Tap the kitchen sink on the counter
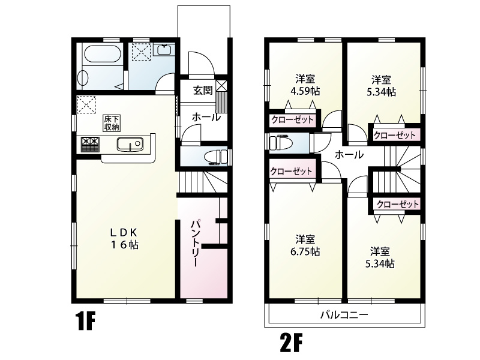pos(128,145)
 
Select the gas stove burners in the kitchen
pos(89,145)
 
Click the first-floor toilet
pos(214,157)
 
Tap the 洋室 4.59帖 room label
pos(306,85)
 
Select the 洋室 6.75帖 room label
pos(306,245)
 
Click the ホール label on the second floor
pos(349,155)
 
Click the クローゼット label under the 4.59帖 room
pos(292,119)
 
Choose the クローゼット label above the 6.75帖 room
pos(291,171)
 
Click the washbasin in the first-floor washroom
pos(163,50)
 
